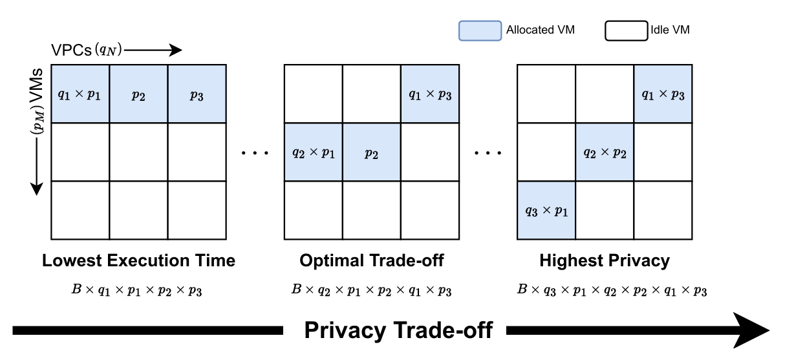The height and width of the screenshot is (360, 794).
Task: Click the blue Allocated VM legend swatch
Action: pyautogui.click(x=480, y=31)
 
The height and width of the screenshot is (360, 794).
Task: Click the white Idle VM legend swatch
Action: pyautogui.click(x=627, y=31)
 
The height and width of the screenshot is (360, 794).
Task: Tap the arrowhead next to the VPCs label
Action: pyautogui.click(x=176, y=50)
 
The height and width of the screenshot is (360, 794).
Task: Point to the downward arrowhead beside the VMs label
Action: pyautogui.click(x=36, y=189)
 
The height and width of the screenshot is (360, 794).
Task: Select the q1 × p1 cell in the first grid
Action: pyautogui.click(x=80, y=94)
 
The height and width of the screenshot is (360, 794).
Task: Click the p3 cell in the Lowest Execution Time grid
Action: pyautogui.click(x=197, y=94)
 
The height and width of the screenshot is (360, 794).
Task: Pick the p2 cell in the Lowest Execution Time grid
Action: pyautogui.click(x=138, y=94)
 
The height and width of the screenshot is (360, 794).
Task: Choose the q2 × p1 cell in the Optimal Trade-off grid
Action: pyautogui.click(x=314, y=153)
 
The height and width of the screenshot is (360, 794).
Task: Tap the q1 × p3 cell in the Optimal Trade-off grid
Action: pyautogui.click(x=431, y=94)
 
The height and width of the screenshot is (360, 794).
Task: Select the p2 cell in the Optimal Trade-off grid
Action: pyautogui.click(x=372, y=153)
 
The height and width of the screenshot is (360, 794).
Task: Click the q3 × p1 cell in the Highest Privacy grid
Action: pyautogui.click(x=546, y=211)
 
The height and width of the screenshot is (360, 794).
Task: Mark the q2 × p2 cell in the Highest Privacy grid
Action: pyautogui.click(x=605, y=153)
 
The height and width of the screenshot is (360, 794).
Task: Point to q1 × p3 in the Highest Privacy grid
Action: pyautogui.click(x=663, y=94)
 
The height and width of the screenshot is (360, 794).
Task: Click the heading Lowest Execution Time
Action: pyautogui.click(x=138, y=260)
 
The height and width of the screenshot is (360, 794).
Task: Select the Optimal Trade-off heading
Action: pyautogui.click(x=372, y=260)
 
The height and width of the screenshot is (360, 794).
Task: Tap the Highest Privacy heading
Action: pyautogui.click(x=605, y=260)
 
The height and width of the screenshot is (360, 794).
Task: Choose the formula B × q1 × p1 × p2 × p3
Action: pyautogui.click(x=137, y=290)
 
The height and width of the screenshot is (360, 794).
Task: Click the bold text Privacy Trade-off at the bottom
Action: pyautogui.click(x=398, y=330)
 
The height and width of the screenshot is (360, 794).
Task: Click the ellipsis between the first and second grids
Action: pyautogui.click(x=255, y=153)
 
